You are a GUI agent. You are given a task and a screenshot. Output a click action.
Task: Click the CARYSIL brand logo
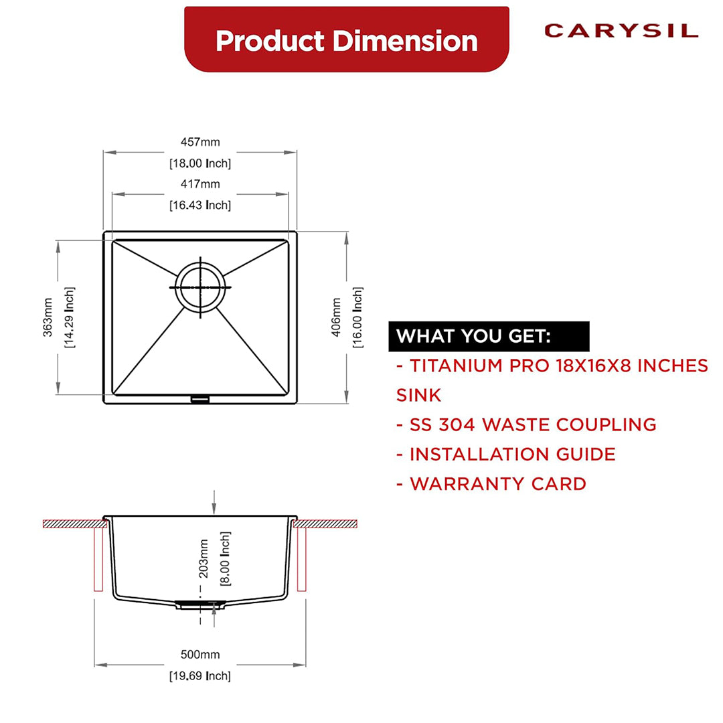(621, 31)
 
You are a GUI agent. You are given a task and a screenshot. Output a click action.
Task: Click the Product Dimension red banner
(346, 40)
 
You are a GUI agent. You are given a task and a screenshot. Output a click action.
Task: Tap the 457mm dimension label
(199, 142)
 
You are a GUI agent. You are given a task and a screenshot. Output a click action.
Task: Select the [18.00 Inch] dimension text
(199, 163)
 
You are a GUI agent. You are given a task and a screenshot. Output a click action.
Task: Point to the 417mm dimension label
(199, 184)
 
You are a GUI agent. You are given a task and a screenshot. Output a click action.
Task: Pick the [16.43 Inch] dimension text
(199, 205)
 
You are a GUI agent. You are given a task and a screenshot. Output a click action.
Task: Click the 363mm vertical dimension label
(48, 317)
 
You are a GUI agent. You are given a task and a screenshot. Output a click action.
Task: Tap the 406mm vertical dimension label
(337, 317)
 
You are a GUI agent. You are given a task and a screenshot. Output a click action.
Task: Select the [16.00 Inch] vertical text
(358, 317)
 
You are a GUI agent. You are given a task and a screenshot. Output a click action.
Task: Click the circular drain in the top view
(199, 287)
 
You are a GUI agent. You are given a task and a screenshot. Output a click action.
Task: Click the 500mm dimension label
(199, 655)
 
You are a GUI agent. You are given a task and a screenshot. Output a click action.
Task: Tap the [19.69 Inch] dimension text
(199, 676)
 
